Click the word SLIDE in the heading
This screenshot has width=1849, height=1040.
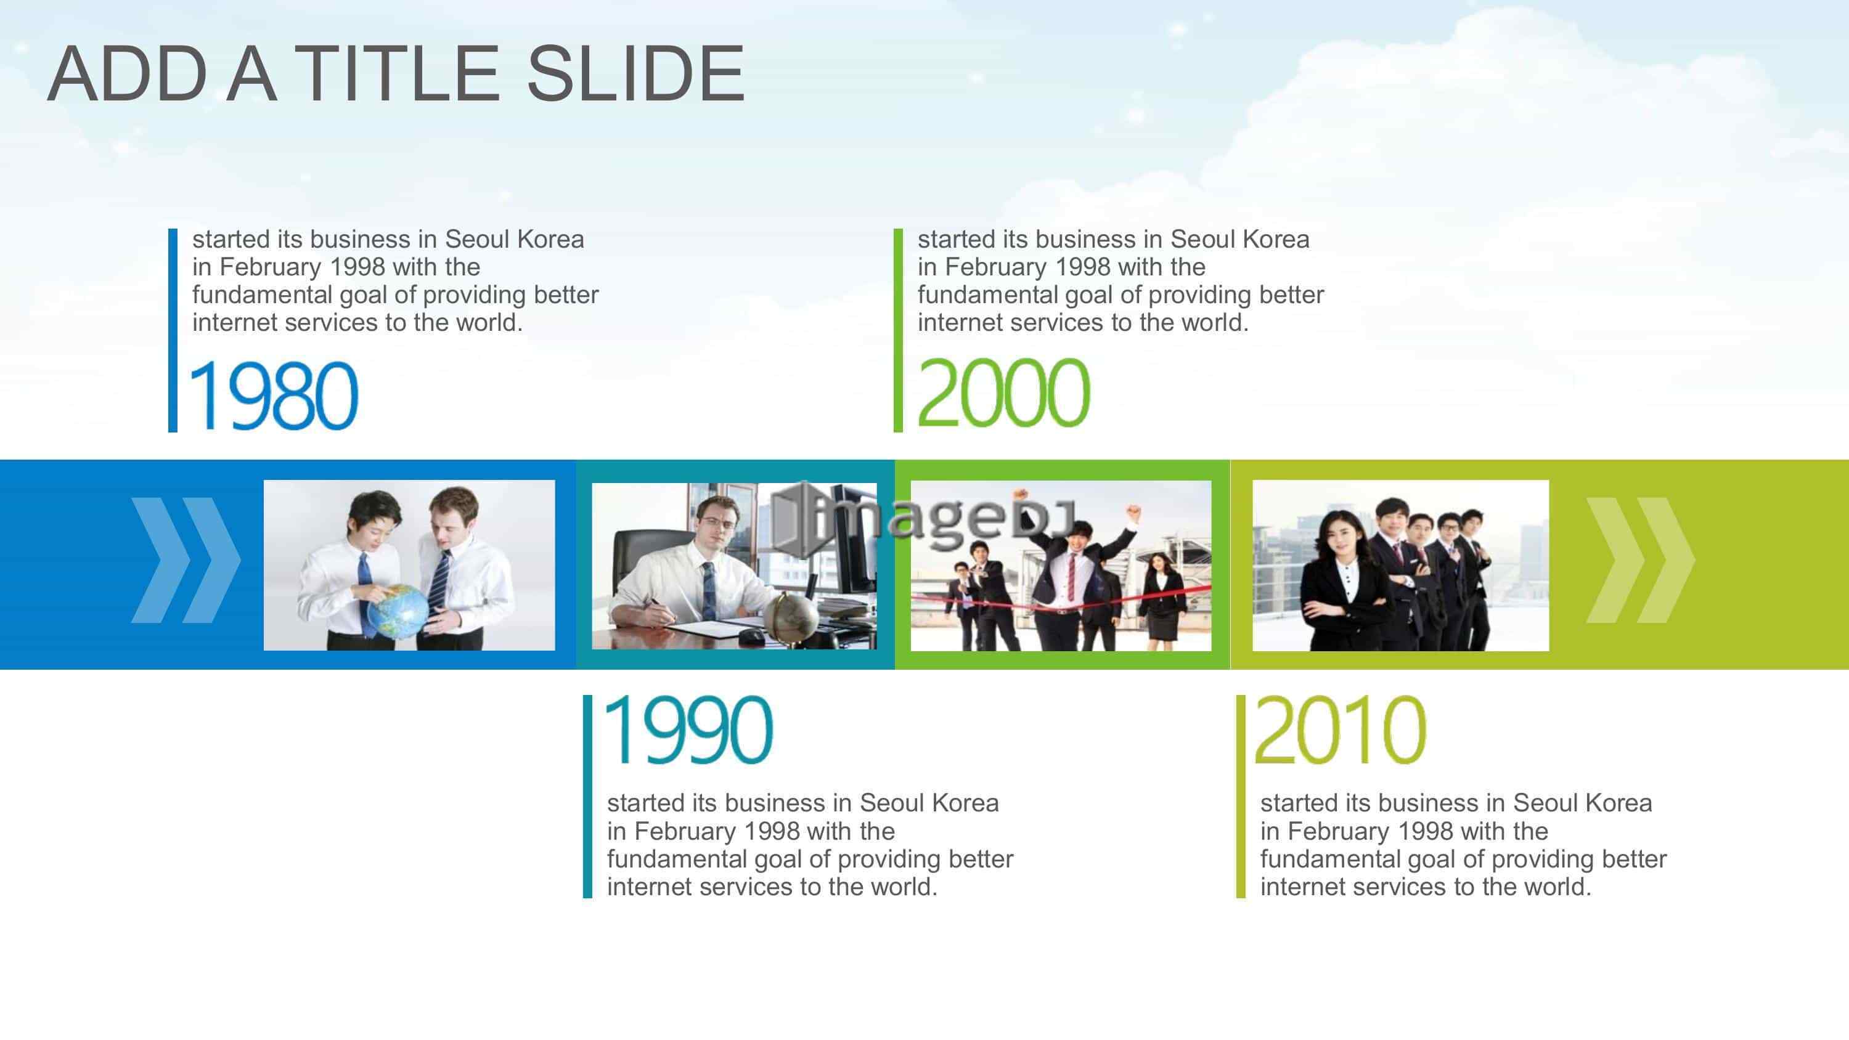tap(636, 73)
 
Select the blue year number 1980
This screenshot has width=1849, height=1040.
tap(274, 396)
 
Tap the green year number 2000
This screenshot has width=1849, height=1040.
tap(1003, 392)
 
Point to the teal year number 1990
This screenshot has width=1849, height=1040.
tap(689, 730)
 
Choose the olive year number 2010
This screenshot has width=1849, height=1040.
tap(1340, 730)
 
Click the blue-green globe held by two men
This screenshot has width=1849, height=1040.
tap(397, 611)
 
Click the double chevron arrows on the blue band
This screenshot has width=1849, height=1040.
tap(186, 560)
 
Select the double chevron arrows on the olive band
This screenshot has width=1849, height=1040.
tap(1641, 560)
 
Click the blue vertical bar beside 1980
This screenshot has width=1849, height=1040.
tap(173, 330)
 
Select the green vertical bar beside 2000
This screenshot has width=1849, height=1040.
tap(898, 330)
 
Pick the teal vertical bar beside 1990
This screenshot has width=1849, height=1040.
tap(587, 796)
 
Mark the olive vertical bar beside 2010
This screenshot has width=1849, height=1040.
tap(1240, 796)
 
